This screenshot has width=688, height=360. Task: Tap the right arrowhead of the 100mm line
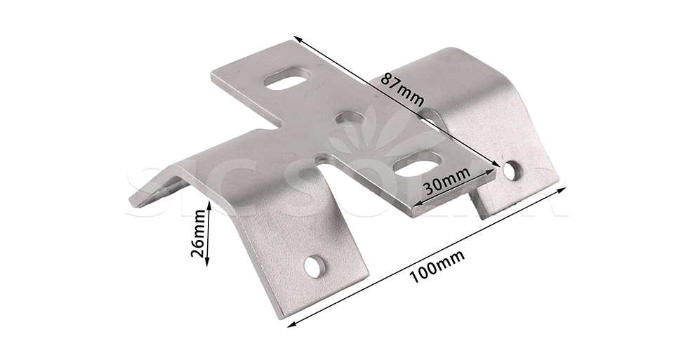pyautogui.click(x=565, y=187)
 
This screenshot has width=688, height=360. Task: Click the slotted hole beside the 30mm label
pyautogui.click(x=417, y=164)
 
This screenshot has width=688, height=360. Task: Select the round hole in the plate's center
pyautogui.click(x=350, y=119)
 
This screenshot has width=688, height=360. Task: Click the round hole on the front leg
pyautogui.click(x=315, y=265)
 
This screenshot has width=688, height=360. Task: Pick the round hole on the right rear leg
pyautogui.click(x=512, y=170)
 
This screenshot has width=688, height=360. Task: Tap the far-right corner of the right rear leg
pyautogui.click(x=559, y=187)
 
